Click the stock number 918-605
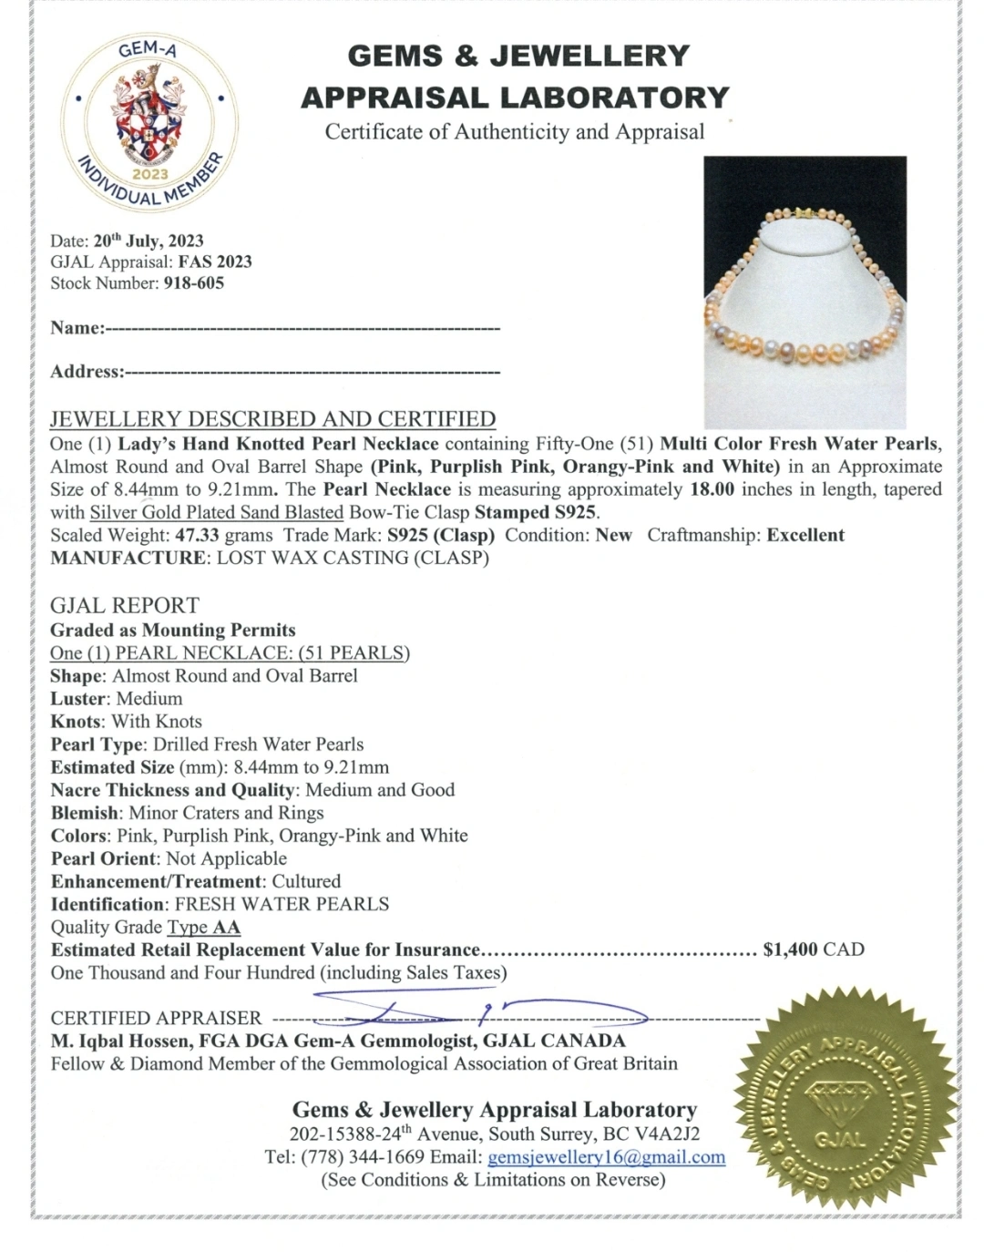[193, 283]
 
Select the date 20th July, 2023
[149, 241]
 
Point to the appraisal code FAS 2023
[215, 262]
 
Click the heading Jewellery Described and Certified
[272, 419]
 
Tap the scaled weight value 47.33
[197, 535]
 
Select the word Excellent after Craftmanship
[805, 535]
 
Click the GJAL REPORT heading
[125, 606]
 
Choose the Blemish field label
[85, 813]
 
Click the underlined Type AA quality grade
[204, 928]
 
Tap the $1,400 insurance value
[790, 949]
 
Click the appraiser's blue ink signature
[474, 1010]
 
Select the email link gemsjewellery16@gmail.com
[607, 1157]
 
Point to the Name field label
[77, 328]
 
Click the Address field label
[87, 372]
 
